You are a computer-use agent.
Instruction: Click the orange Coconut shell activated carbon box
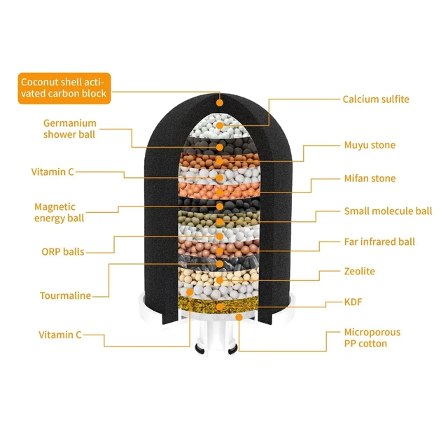coord(64,88)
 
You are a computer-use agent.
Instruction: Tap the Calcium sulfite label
coord(376,99)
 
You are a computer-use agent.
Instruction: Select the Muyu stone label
coord(370,145)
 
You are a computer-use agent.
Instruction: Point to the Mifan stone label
coord(370,178)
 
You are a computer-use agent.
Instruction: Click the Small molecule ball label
coord(388,211)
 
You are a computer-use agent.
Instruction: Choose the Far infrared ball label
coord(379,242)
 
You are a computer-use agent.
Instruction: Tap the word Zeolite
coord(359,272)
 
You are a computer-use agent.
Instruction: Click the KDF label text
coord(353,302)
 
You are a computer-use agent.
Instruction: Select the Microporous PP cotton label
coord(372,338)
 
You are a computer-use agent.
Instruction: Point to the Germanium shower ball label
coord(70,129)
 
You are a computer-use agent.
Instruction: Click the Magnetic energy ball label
coord(59,213)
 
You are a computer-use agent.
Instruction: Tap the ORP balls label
coord(63,252)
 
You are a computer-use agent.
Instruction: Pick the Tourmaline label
coord(65,295)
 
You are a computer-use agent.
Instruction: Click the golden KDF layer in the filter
coord(218,305)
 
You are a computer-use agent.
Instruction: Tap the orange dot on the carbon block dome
coord(219,103)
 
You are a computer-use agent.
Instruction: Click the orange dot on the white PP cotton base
coord(239,317)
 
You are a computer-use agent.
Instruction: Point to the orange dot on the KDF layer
coord(219,307)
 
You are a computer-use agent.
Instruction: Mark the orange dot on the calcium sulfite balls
coord(219,125)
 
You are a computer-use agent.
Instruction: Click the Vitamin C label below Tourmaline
coord(60,335)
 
